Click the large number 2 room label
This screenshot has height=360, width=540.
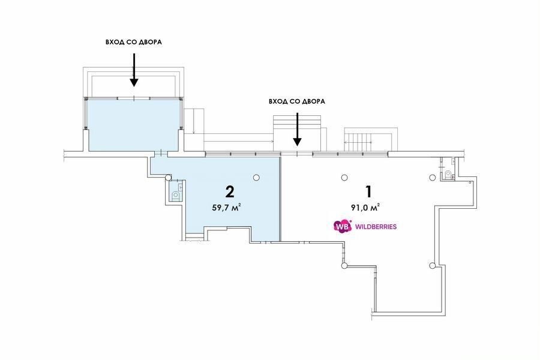(x=230, y=191)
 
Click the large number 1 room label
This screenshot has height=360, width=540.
(x=369, y=191)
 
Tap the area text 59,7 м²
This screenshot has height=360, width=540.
(x=226, y=208)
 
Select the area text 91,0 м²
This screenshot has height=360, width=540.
(x=365, y=208)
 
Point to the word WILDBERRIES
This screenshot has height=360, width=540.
(x=376, y=227)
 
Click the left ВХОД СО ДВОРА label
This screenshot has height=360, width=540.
(x=134, y=43)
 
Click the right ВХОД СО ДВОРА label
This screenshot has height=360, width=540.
(x=297, y=101)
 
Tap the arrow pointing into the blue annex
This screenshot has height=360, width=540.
(x=134, y=70)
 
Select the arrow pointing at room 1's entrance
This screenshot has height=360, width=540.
(x=297, y=129)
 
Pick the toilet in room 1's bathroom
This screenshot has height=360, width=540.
(x=448, y=173)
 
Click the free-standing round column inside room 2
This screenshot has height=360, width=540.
(x=256, y=178)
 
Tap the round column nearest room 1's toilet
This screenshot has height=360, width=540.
(x=432, y=178)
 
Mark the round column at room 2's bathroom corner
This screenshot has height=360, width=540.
(x=168, y=178)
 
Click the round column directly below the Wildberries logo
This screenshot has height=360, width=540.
(x=344, y=265)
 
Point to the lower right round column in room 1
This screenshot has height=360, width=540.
(x=432, y=265)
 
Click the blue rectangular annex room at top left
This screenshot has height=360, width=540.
(x=134, y=125)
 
